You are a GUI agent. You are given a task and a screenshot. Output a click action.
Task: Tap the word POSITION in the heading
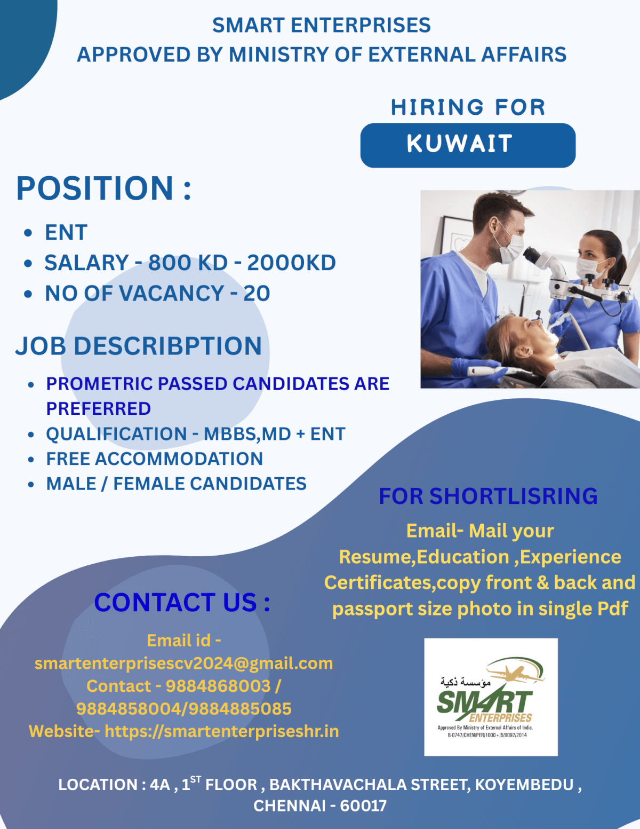pyautogui.click(x=95, y=188)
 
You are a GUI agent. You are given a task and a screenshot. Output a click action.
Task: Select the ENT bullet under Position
pyautogui.click(x=66, y=233)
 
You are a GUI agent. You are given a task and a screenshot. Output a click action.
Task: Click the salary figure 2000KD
pyautogui.click(x=291, y=263)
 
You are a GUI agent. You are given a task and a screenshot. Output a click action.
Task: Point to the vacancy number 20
pyautogui.click(x=257, y=294)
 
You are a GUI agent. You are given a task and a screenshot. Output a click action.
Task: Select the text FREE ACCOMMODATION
pyautogui.click(x=154, y=459)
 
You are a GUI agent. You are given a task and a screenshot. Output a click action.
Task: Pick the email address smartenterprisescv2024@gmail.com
pyautogui.click(x=183, y=663)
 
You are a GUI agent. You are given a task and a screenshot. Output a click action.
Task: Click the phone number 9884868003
pyautogui.click(x=218, y=686)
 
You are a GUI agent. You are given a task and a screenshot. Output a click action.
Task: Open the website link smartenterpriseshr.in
pyautogui.click(x=221, y=731)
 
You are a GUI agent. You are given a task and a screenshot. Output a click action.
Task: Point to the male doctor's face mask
pyautogui.click(x=509, y=248)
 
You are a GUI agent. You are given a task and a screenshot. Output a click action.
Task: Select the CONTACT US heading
pyautogui.click(x=182, y=603)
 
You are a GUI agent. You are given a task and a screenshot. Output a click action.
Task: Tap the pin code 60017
pyautogui.click(x=363, y=806)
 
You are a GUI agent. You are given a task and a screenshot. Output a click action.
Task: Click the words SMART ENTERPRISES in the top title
pyautogui.click(x=321, y=26)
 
